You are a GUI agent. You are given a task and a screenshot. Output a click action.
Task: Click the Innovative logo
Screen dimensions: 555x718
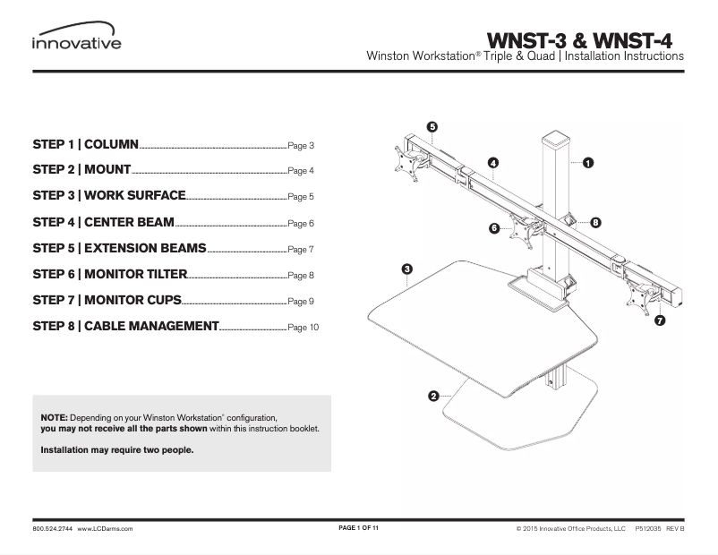(76, 40)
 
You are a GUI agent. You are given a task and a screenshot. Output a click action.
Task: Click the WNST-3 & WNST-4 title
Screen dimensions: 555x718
(579, 40)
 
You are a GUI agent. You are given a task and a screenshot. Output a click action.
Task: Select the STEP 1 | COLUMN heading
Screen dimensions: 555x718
(85, 143)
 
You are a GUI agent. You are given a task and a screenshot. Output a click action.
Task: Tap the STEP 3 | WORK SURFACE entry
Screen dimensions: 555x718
(108, 195)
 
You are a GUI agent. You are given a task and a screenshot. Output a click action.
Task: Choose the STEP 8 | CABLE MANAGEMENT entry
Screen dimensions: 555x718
(125, 326)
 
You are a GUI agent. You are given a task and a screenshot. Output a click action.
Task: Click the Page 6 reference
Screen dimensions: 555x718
(301, 223)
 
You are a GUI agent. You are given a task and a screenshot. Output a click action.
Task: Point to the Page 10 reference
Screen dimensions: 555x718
(303, 328)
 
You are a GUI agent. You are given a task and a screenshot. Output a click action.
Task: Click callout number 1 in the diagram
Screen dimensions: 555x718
(588, 163)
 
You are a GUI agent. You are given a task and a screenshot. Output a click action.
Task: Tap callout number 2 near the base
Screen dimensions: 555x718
(433, 396)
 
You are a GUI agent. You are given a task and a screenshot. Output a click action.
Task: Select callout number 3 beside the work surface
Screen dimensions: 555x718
(406, 269)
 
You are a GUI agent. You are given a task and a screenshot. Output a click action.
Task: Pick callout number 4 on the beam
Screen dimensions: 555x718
(492, 162)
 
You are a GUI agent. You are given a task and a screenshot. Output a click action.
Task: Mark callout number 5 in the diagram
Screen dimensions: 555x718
(432, 127)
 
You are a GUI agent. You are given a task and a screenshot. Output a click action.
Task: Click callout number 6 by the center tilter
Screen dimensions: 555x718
(493, 228)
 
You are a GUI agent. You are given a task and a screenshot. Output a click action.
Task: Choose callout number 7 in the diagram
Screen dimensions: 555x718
(659, 320)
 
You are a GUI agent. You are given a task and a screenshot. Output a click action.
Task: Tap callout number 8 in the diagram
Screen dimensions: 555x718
(595, 221)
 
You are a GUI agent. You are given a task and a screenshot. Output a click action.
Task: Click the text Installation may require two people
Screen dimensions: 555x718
(117, 450)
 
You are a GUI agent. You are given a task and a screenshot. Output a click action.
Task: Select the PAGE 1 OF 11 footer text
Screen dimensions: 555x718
(359, 529)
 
